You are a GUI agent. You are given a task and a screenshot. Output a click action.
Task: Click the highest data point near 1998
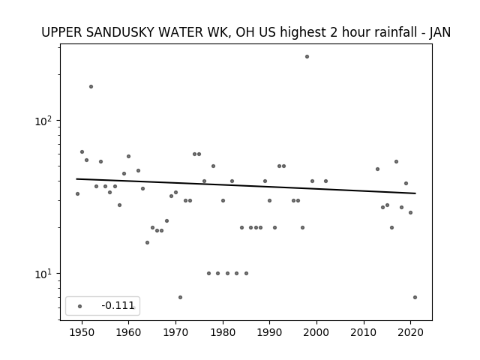tap(307, 57)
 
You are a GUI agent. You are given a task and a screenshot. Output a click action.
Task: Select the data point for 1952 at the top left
tap(91, 87)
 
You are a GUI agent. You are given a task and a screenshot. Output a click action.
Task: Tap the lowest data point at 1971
tap(180, 297)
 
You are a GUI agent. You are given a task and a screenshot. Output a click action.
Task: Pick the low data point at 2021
tap(415, 297)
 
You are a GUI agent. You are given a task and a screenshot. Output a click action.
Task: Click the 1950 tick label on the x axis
tap(82, 332)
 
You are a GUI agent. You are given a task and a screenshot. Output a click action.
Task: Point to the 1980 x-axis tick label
tap(223, 332)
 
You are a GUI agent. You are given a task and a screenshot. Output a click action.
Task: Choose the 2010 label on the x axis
tap(364, 332)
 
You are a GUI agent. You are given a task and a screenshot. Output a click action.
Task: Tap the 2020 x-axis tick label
tap(410, 332)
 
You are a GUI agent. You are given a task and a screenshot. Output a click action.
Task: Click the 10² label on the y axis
tap(43, 121)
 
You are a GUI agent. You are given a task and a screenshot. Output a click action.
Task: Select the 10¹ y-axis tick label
tap(43, 274)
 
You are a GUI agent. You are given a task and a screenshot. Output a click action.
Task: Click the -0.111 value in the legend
tap(118, 305)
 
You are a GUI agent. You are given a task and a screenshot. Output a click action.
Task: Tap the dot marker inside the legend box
tap(79, 306)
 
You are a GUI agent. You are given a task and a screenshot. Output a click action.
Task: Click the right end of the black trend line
tap(415, 193)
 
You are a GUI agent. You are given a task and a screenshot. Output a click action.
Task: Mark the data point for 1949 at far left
tap(77, 193)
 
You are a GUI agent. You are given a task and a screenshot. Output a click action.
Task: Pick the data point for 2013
tap(377, 169)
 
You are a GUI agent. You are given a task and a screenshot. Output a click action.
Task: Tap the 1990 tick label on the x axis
tap(270, 332)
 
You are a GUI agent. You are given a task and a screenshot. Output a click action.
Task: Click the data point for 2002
tap(325, 181)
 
